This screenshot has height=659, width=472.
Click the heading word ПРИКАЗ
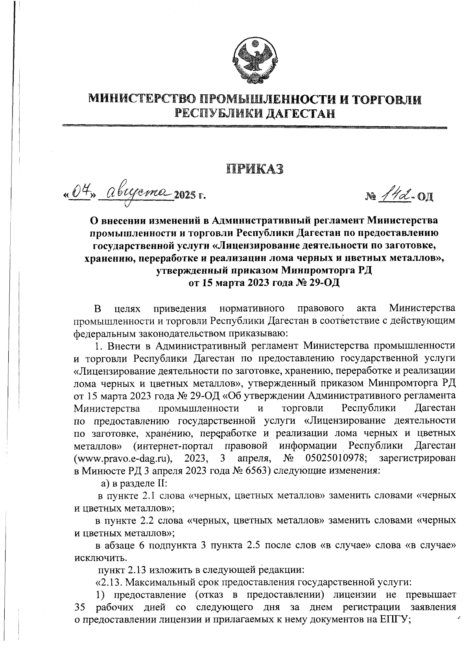click(x=254, y=169)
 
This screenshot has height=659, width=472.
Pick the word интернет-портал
click(x=173, y=446)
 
